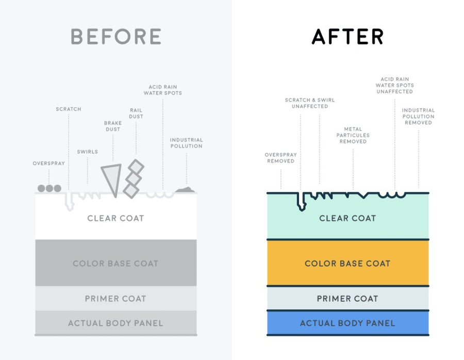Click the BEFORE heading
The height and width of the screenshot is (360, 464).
[x=115, y=37]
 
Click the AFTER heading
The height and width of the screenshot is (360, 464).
[x=347, y=37]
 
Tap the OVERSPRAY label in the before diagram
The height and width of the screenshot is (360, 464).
[x=49, y=163]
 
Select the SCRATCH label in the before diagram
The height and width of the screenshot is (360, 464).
[x=69, y=109]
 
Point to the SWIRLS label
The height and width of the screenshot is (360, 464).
[x=88, y=152]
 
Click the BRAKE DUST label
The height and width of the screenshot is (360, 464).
[x=113, y=126]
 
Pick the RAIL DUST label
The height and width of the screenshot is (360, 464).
[x=136, y=113]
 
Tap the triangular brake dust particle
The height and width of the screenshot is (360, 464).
[x=112, y=177]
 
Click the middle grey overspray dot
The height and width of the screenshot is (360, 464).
[x=49, y=188]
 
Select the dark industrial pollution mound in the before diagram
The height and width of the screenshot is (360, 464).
[x=185, y=190]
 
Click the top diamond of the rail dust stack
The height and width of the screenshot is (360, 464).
[x=136, y=167]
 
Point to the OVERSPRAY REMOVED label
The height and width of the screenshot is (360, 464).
[x=281, y=158]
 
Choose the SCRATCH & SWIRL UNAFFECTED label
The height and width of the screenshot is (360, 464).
[x=310, y=103]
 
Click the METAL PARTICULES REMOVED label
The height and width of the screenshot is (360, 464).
[x=353, y=135]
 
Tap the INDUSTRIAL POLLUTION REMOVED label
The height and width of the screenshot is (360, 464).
[x=419, y=117]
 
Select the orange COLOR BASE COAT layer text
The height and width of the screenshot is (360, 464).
[x=347, y=264]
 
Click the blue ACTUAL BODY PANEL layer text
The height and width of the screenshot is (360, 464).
[x=347, y=323]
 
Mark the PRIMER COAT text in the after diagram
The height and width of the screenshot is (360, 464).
[x=347, y=299]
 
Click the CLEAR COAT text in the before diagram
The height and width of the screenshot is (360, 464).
[x=115, y=218]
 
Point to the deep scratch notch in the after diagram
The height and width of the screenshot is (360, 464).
[x=302, y=202]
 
